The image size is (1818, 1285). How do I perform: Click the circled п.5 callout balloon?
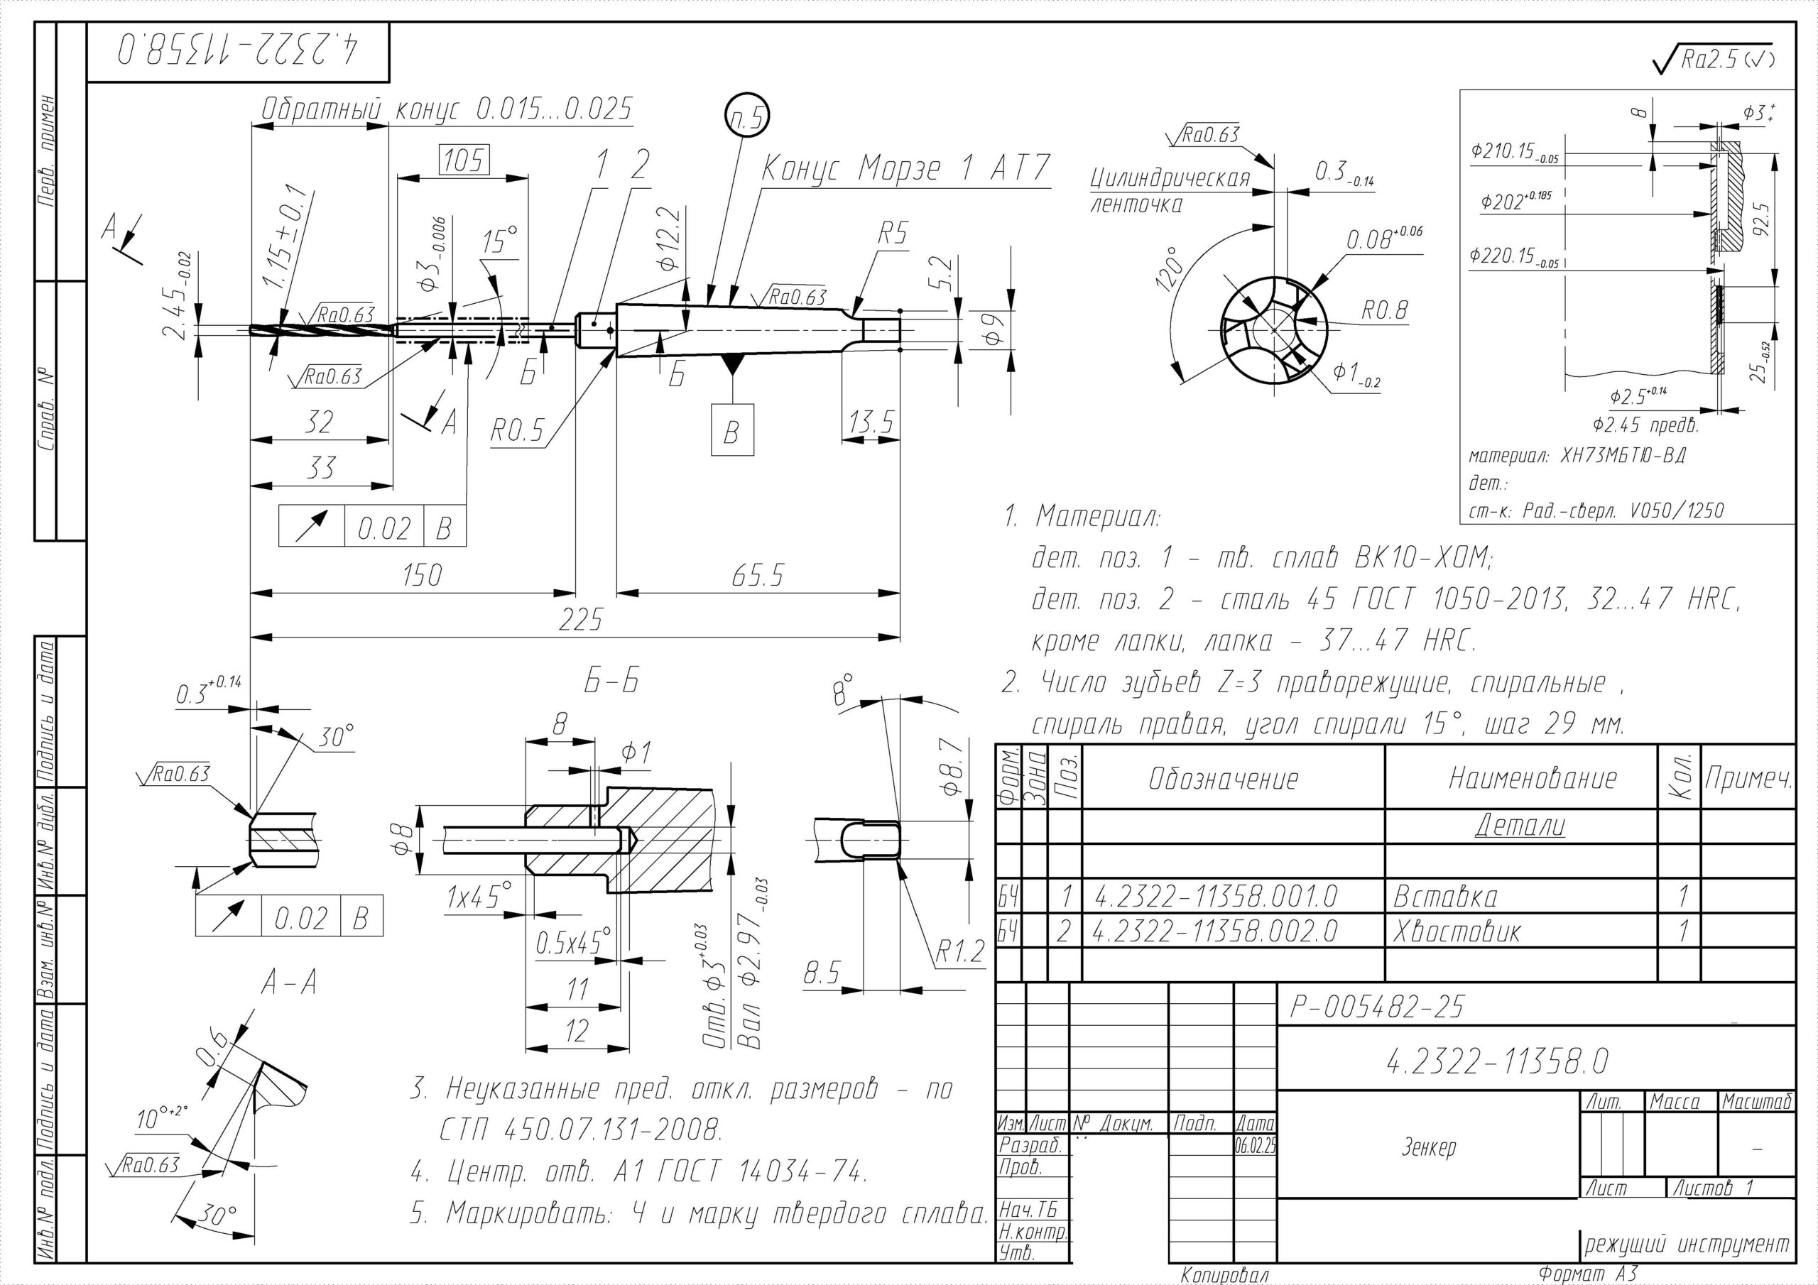coord(746,118)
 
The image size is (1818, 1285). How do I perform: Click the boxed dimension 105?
coord(463,160)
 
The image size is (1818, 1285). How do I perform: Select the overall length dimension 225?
coord(579,620)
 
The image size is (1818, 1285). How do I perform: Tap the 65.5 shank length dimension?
coord(757,576)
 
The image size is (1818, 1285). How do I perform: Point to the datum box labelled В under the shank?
coord(731,432)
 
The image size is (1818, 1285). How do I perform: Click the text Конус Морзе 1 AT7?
coord(905,169)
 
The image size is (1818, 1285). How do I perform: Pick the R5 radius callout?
coord(893,234)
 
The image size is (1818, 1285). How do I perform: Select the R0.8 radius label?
coord(1383,311)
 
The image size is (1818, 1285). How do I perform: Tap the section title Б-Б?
coord(611,682)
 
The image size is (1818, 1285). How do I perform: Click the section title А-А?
coord(289,983)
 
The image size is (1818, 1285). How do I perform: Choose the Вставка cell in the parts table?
coord(1445,897)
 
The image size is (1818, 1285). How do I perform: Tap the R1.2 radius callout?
coord(959,953)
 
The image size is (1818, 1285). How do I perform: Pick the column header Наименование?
coord(1532,778)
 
